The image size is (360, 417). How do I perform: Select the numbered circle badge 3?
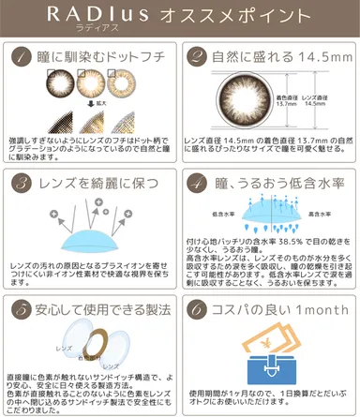(22, 181)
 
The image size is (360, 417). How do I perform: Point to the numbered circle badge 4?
(201, 181)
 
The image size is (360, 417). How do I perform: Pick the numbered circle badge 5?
(22, 306)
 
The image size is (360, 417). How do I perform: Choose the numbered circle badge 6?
(202, 306)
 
